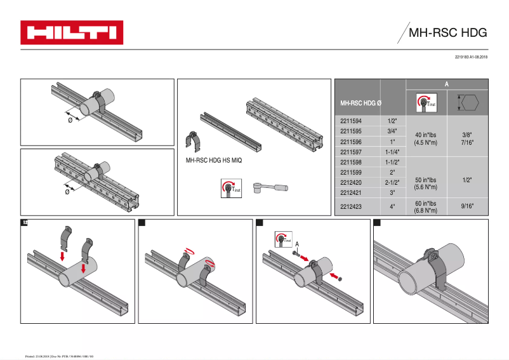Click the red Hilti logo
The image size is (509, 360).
(x=72, y=32)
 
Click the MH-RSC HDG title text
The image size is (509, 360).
(x=447, y=33)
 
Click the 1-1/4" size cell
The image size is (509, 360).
(x=392, y=152)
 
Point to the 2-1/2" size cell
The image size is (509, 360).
(x=392, y=182)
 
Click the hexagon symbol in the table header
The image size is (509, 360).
(x=468, y=103)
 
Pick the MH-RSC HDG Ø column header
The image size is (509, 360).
(x=360, y=103)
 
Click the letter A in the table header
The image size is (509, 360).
(x=447, y=83)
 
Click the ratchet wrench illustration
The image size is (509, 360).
(x=270, y=188)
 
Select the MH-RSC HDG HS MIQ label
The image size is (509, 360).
(x=214, y=161)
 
